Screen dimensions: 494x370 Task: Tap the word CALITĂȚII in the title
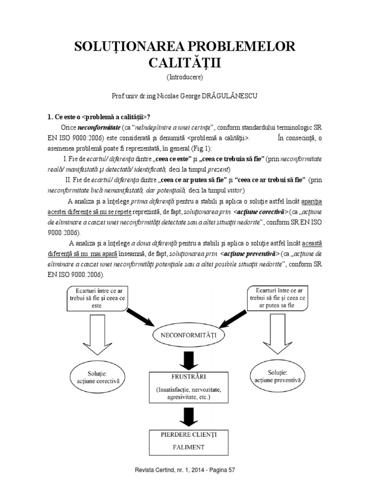coord(185,64)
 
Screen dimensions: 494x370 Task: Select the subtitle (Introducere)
coord(185,77)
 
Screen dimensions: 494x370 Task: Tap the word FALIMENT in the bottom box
coord(185,447)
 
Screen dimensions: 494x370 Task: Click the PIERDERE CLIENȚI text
coord(185,434)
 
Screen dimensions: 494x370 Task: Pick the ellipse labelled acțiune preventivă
coord(279,376)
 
